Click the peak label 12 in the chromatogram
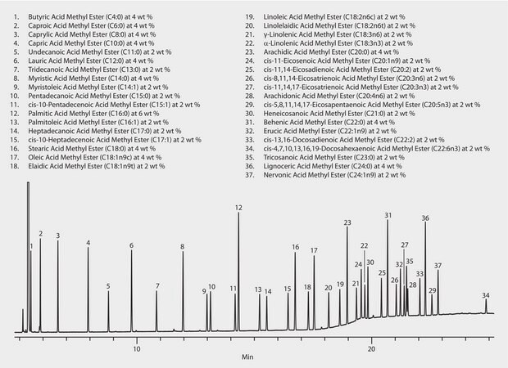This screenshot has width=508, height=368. (238, 209)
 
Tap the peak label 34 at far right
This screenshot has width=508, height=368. (486, 295)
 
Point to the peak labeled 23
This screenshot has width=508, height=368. (347, 222)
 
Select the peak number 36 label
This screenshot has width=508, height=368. (425, 218)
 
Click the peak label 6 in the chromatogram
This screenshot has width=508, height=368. (131, 245)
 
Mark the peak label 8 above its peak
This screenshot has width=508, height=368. (182, 247)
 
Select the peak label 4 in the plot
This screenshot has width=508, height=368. (88, 243)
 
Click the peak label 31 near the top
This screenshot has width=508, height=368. (388, 215)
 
